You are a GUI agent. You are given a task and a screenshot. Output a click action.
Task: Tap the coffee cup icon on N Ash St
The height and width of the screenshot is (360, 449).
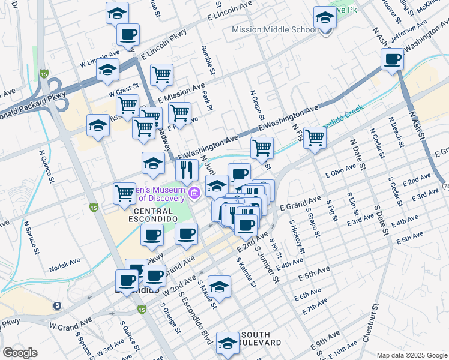[393, 59]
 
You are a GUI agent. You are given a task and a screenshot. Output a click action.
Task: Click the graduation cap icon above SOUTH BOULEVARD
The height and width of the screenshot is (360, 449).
[228, 343]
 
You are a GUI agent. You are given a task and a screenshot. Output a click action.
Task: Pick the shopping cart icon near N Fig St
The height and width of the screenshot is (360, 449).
[315, 137]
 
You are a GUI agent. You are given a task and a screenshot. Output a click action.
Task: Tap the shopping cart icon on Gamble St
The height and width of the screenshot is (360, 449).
[161, 74]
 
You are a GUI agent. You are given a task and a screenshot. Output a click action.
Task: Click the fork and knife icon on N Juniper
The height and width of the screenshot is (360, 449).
[187, 169]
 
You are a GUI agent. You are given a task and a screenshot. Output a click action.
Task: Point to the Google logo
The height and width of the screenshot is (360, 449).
[20, 353]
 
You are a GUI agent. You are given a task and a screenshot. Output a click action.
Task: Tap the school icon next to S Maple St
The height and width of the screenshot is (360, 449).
[220, 286]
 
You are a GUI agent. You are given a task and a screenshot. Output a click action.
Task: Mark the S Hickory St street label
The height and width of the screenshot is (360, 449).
[295, 234]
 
